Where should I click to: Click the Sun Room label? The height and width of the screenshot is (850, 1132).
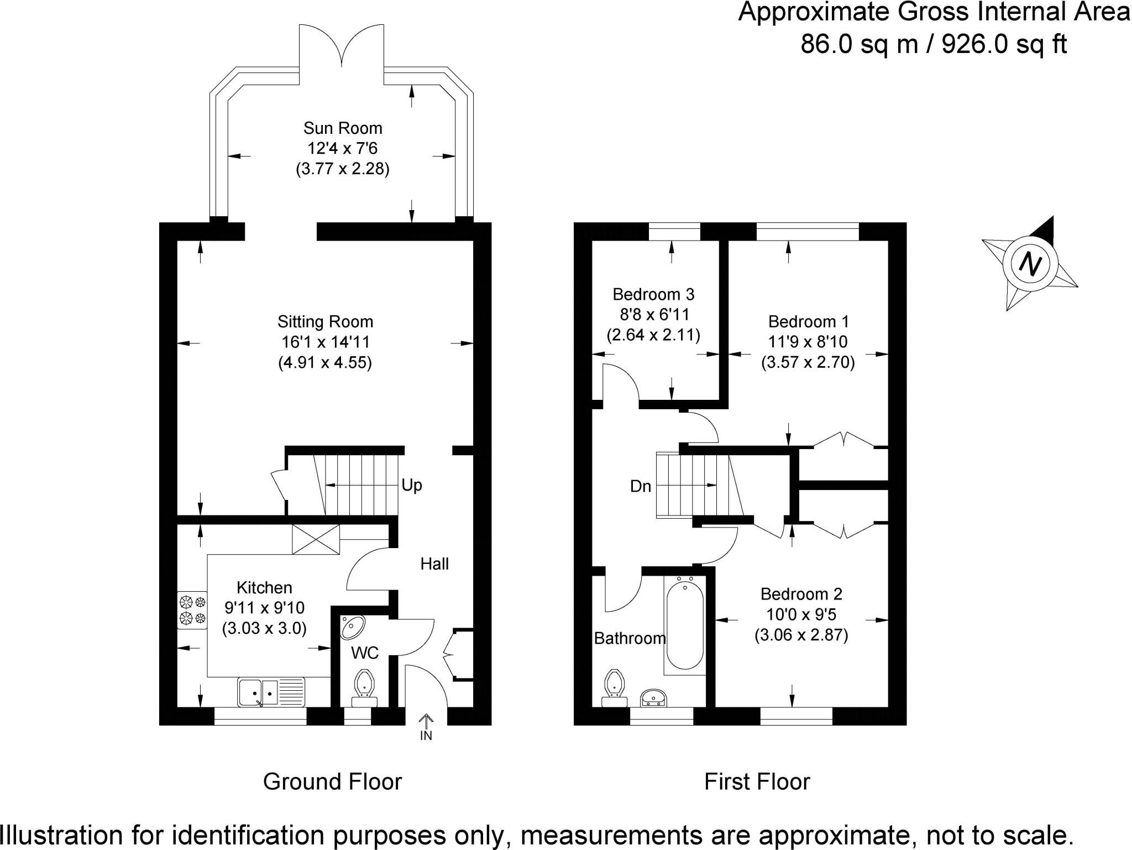(x=343, y=128)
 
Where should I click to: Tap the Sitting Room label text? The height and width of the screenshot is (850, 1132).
(x=325, y=322)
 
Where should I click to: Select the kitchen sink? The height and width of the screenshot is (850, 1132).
(x=271, y=692)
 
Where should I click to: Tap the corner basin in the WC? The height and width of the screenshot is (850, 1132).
(x=352, y=626)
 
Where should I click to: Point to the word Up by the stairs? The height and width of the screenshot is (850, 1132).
(x=412, y=485)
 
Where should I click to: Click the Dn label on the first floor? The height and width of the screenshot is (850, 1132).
(x=641, y=487)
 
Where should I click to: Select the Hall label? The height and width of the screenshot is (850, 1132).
(x=434, y=564)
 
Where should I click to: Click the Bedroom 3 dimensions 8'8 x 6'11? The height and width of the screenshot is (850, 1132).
(x=654, y=315)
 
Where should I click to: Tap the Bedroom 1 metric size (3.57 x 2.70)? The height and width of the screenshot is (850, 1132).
(x=808, y=362)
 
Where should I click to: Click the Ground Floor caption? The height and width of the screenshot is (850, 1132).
(x=332, y=782)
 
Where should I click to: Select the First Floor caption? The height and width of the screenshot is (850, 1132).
(x=757, y=782)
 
